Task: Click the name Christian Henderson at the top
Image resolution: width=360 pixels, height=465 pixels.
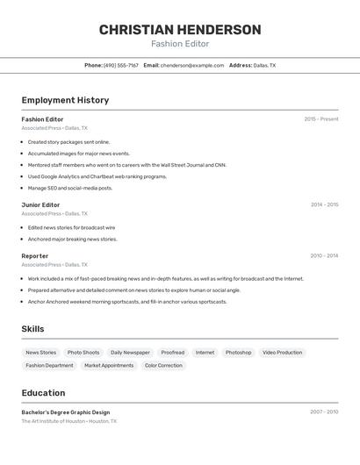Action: click(180, 30)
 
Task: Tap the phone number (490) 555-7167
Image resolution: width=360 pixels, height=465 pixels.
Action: click(121, 65)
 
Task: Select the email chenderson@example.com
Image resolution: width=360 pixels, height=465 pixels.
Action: click(192, 65)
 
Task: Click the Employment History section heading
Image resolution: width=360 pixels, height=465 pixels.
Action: click(65, 100)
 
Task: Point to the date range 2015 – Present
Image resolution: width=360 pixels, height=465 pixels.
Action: click(321, 119)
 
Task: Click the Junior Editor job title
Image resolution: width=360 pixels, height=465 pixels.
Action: click(40, 204)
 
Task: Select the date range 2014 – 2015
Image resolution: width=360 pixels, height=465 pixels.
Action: click(324, 204)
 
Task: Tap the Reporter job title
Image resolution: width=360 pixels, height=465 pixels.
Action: click(35, 256)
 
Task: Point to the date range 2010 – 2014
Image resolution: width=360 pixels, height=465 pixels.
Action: click(324, 256)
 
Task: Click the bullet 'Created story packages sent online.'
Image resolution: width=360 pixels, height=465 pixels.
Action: click(68, 141)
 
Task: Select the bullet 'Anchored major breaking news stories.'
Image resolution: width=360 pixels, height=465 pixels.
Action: click(72, 239)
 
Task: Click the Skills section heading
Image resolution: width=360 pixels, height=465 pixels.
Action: click(32, 329)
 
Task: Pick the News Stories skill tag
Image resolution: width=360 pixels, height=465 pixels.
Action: click(40, 353)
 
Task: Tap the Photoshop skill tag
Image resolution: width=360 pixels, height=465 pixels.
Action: click(238, 353)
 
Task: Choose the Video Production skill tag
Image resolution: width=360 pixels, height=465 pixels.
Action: click(282, 353)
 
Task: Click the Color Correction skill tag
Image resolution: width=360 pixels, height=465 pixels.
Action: click(163, 365)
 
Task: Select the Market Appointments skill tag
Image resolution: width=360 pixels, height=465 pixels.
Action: click(109, 365)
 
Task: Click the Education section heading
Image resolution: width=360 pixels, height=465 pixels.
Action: click(43, 393)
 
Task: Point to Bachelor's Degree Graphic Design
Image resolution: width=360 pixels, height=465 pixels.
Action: click(66, 412)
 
